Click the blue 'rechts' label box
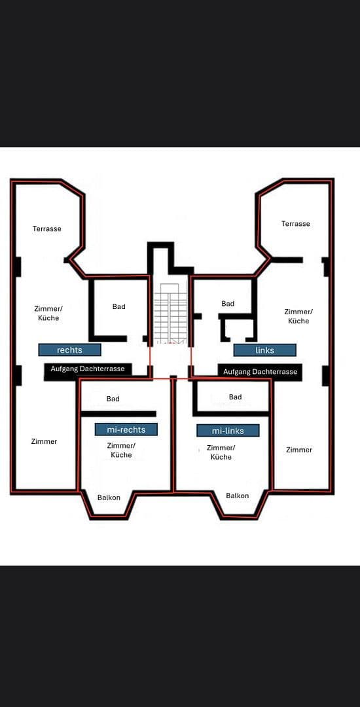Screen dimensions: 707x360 69,350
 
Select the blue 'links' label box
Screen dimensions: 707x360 264,350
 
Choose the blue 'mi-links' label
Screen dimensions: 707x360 228,431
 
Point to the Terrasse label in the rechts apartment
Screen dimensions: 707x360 47,228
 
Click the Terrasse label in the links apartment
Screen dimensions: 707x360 296,224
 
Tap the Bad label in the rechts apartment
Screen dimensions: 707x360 118,306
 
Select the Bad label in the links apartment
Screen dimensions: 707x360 228,304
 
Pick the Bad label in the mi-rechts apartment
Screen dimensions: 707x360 113,399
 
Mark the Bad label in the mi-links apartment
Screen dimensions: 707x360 236,397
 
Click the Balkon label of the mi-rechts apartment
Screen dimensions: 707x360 109,498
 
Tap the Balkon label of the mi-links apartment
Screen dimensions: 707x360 238,496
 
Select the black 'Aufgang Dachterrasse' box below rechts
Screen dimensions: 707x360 88,369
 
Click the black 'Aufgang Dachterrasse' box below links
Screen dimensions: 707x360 260,372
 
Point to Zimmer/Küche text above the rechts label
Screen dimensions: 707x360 48,313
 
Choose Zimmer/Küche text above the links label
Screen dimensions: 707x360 298,316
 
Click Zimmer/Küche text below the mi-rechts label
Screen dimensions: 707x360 121,450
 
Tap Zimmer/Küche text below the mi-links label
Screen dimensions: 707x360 221,452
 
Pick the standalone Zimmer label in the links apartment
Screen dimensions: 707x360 299,450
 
